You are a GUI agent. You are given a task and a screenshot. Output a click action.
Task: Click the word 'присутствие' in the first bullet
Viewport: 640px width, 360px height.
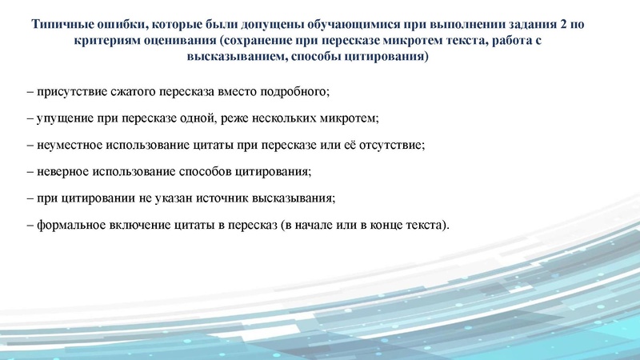(x=67, y=93)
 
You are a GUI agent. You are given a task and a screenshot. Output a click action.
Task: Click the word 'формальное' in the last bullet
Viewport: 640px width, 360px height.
(x=68, y=225)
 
